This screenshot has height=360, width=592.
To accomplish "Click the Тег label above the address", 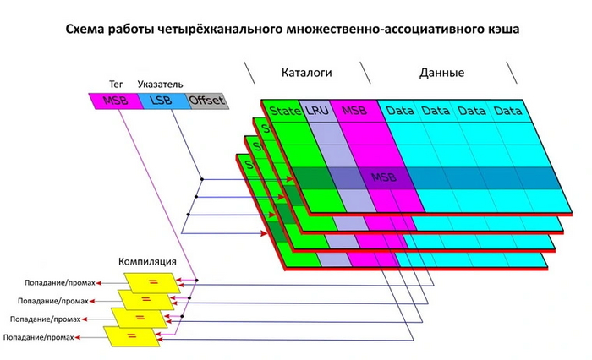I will pos(117,86).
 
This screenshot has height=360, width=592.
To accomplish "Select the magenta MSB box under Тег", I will pos(114,101).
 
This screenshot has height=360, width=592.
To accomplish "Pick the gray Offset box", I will pos(206,101).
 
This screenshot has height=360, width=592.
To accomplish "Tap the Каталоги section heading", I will pos(307,73).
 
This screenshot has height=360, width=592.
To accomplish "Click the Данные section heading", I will pos(441,73).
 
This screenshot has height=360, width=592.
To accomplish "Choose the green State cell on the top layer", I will pos(285,111).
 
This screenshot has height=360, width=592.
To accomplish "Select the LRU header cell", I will pos(318,111).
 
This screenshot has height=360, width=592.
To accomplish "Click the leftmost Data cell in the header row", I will pos(400,111).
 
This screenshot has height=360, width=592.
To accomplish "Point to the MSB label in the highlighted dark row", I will pos(383,178).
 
